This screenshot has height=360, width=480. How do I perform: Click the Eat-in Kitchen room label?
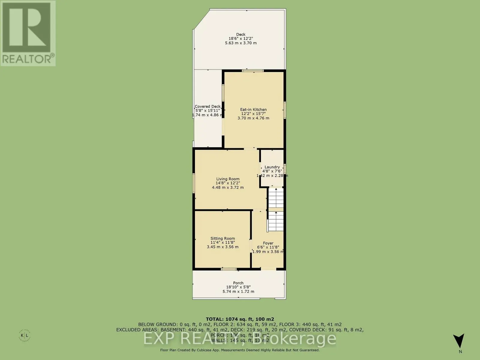(253, 109)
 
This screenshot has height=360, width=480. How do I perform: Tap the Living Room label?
(228, 179)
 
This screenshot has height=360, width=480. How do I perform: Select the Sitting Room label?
(223, 238)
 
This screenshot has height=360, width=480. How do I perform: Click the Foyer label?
(268, 243)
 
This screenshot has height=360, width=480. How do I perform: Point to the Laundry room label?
(272, 167)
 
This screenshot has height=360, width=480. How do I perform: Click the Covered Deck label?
(208, 106)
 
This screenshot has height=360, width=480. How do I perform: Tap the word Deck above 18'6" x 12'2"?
(241, 34)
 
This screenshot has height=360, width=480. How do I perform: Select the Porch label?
(238, 283)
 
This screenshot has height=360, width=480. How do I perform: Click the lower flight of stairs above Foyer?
(276, 221)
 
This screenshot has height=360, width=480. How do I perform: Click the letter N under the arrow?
(460, 352)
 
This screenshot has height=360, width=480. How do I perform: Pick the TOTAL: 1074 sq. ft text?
(240, 319)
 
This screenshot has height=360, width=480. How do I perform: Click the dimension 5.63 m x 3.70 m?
(241, 43)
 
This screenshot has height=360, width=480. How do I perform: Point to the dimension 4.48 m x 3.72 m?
(228, 187)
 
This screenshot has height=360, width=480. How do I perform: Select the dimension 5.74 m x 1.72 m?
(238, 291)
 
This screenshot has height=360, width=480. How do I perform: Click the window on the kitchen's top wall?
(253, 71)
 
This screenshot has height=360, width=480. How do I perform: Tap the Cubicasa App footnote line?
(240, 350)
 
